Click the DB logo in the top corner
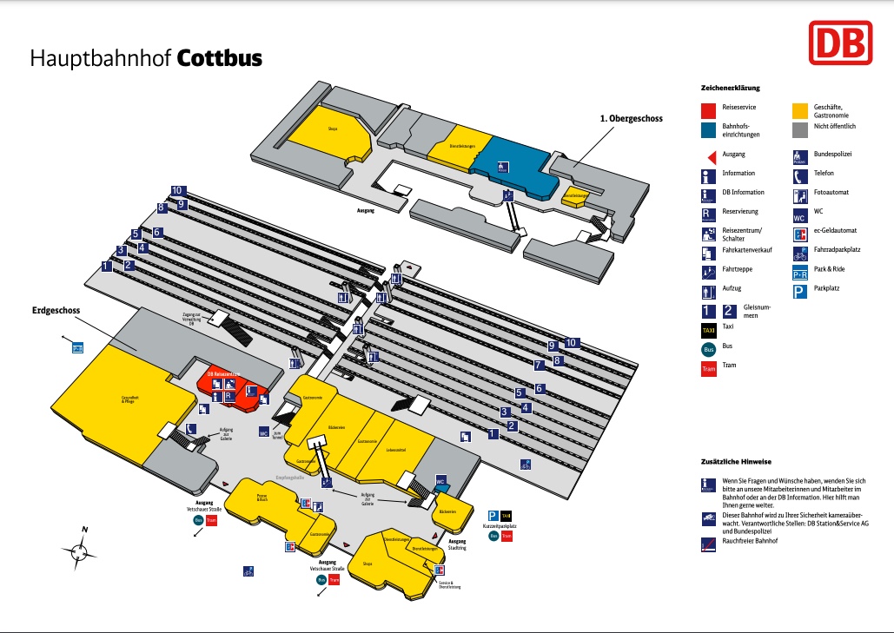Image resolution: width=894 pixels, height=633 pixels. point(839,43)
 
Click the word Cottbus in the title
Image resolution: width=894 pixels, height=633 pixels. point(219,58)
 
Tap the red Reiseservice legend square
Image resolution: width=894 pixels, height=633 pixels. point(708,110)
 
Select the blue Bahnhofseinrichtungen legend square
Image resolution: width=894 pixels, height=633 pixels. point(708,129)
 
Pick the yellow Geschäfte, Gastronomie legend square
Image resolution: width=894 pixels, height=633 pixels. point(799,110)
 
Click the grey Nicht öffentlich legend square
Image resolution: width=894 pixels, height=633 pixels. point(799,129)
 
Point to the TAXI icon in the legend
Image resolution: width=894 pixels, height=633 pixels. point(708,330)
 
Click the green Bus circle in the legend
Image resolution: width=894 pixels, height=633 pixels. point(708,348)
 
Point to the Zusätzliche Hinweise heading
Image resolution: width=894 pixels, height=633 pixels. point(736,461)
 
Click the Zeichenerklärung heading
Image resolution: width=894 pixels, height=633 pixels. point(731,89)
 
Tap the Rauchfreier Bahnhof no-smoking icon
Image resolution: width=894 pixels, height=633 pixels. point(708,543)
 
